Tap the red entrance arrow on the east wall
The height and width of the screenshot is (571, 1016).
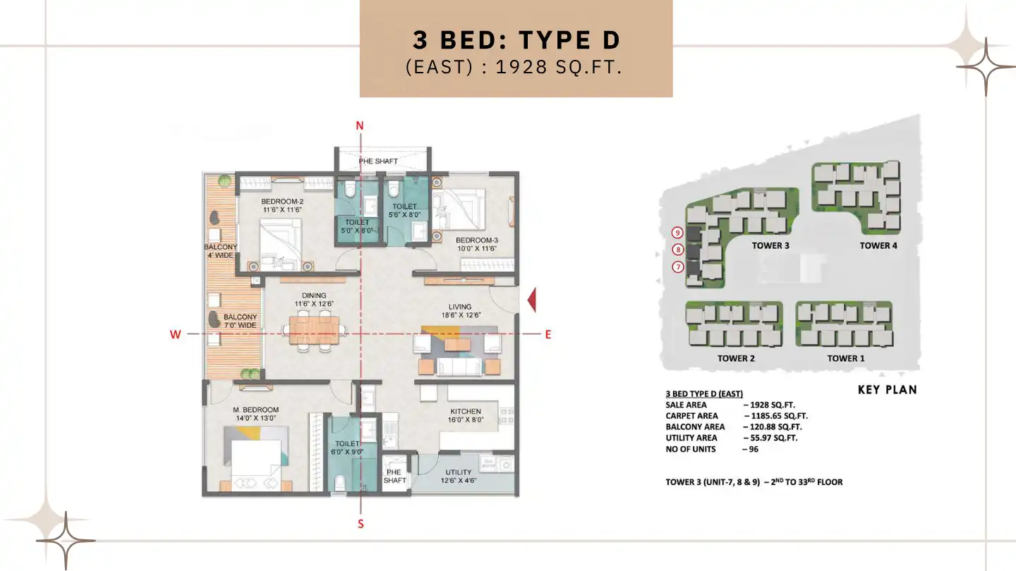point(531,300)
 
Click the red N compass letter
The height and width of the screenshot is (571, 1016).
point(360,126)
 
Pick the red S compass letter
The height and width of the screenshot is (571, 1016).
point(361,524)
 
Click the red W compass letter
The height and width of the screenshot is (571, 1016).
point(175,335)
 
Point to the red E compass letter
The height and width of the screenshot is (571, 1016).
point(548,335)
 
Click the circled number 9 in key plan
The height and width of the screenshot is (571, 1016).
point(677,232)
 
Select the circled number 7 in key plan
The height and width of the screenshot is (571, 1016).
point(677,267)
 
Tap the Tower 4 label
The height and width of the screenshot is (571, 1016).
point(878,245)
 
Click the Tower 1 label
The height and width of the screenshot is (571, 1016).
point(846,358)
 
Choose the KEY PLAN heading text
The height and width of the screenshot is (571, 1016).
point(887,390)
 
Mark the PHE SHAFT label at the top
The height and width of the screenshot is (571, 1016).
point(378,161)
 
